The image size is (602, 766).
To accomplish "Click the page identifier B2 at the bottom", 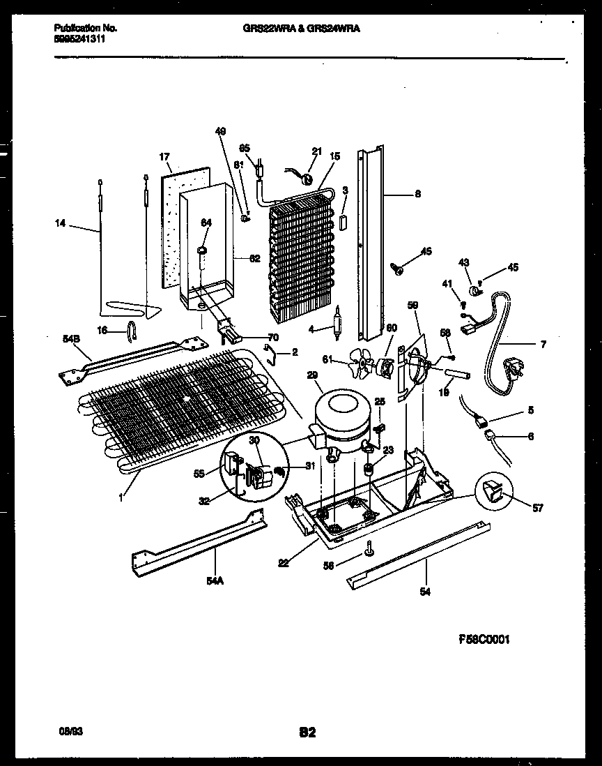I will [308, 732].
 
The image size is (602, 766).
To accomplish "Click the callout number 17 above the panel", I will [164, 158].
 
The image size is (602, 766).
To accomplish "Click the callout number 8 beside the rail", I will [417, 195].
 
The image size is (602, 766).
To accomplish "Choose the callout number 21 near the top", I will [317, 152].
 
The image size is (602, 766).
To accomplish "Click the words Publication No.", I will [85, 28].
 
